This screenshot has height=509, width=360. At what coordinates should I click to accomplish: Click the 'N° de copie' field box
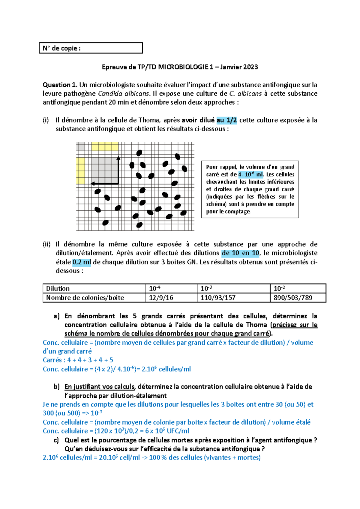91,48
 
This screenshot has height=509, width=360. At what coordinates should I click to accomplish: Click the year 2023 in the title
250,67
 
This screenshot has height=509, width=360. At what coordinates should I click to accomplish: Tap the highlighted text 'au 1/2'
226,120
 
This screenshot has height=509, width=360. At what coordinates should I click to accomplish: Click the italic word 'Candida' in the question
110,94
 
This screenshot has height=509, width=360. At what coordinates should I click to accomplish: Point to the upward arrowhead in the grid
118,158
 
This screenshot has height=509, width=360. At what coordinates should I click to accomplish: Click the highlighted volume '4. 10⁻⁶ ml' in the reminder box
250,174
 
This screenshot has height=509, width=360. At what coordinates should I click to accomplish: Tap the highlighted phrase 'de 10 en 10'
240,253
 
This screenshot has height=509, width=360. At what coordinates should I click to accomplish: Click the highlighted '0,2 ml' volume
82,262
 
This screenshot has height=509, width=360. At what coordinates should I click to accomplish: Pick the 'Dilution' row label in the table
58,288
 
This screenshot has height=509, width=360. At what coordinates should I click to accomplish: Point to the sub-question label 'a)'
56,316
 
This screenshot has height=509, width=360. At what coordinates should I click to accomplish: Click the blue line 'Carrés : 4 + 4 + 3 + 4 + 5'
78,360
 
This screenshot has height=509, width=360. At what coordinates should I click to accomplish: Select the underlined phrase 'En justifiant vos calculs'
100,387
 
